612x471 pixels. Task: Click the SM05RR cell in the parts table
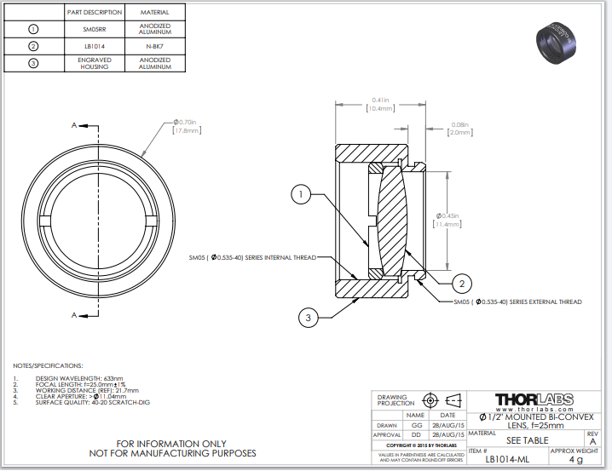click(x=95, y=29)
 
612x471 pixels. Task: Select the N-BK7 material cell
click(x=154, y=45)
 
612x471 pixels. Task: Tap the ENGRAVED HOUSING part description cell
click(x=95, y=64)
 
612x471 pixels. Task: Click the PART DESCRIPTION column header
click(x=95, y=13)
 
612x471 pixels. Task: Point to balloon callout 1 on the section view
click(x=300, y=195)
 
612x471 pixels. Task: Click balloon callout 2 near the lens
click(x=461, y=283)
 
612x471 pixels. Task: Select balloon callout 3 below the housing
click(x=309, y=318)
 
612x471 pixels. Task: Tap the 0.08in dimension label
click(x=459, y=128)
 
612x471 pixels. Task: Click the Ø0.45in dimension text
click(x=448, y=220)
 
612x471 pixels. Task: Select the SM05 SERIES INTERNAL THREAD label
click(x=253, y=256)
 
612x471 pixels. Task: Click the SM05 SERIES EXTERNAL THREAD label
click(x=517, y=302)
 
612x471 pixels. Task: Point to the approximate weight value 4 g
click(x=576, y=458)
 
